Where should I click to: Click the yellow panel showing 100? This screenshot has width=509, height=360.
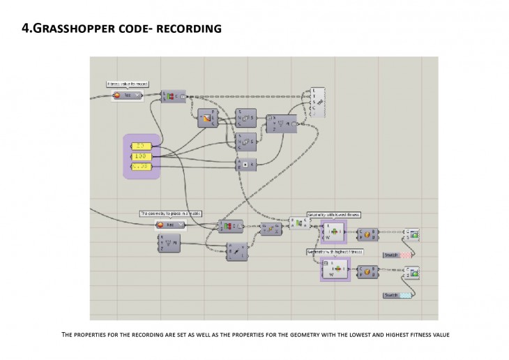[142, 156]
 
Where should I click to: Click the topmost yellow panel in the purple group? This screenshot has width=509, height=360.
[142, 146]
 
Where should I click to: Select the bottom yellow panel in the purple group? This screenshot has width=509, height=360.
[142, 167]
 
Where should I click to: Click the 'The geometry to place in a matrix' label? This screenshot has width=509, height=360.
[171, 213]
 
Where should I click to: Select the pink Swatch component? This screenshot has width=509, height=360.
[397, 255]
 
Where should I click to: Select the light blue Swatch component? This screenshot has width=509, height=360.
[397, 296]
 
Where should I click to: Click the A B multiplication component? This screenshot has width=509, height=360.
[245, 165]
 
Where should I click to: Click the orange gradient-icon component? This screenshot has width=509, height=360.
[207, 119]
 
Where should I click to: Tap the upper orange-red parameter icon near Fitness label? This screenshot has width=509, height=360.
[118, 95]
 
